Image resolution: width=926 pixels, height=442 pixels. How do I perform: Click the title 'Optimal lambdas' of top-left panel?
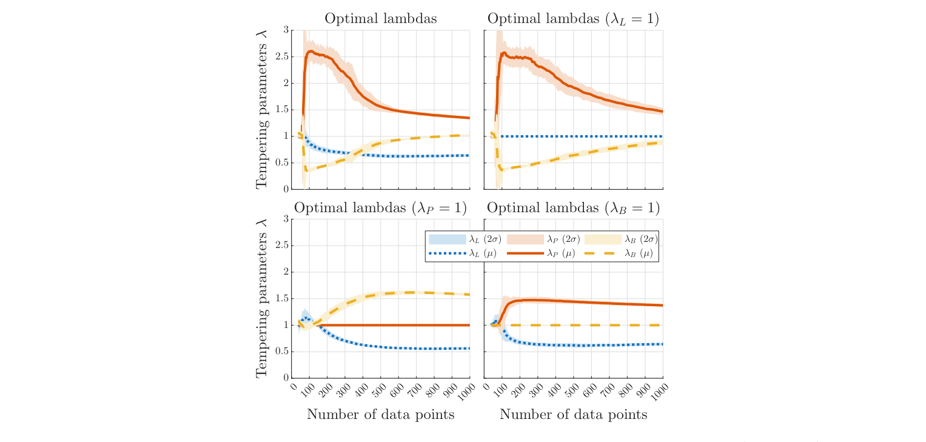(380, 19)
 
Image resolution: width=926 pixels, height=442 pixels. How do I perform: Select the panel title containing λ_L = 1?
(573, 19)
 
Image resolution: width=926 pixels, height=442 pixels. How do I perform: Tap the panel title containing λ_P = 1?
(380, 208)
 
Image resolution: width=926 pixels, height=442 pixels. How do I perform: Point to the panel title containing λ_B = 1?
(573, 208)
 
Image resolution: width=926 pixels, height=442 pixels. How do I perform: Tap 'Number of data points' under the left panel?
(380, 415)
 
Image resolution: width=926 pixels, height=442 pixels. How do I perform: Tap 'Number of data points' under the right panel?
(573, 415)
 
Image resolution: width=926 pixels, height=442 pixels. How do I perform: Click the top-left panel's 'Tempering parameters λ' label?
(261, 109)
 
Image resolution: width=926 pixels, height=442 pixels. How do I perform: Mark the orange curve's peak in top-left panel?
(310, 52)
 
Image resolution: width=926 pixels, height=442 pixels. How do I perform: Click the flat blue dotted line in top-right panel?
(582, 136)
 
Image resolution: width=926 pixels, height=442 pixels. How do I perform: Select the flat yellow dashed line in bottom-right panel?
(582, 325)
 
